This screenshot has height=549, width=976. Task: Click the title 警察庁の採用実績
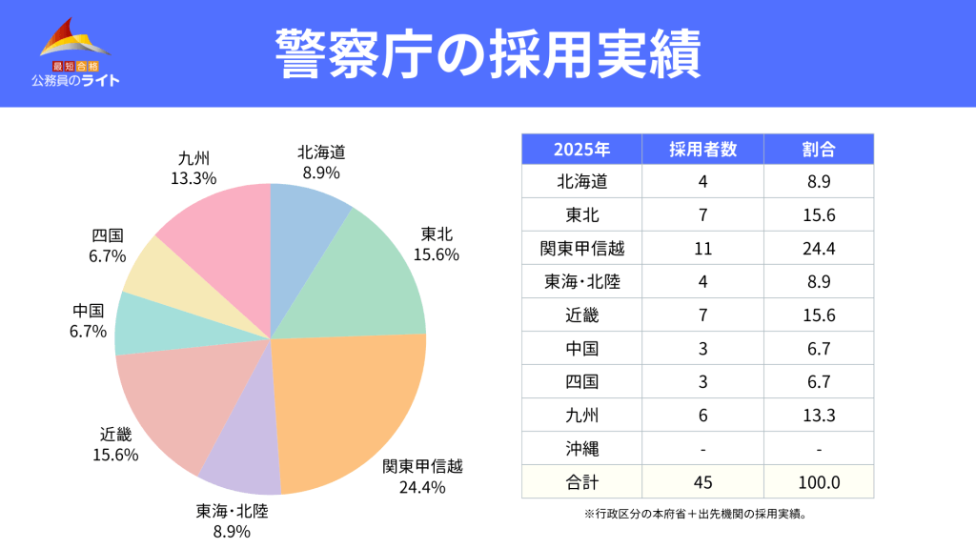pos(487,53)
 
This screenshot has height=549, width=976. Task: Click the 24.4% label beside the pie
pos(422,488)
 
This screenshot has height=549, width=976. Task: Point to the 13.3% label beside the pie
pos(193,178)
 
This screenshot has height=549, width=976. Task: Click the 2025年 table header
pos(581,150)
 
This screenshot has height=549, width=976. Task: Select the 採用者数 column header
pos(702,150)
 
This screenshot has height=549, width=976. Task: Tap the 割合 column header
pos(819,150)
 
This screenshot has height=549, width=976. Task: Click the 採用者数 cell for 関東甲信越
pos(702,249)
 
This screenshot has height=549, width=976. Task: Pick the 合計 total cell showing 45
pos(702,481)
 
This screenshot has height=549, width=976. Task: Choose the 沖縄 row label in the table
pos(581,448)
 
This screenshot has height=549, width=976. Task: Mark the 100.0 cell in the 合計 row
pos(819,481)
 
